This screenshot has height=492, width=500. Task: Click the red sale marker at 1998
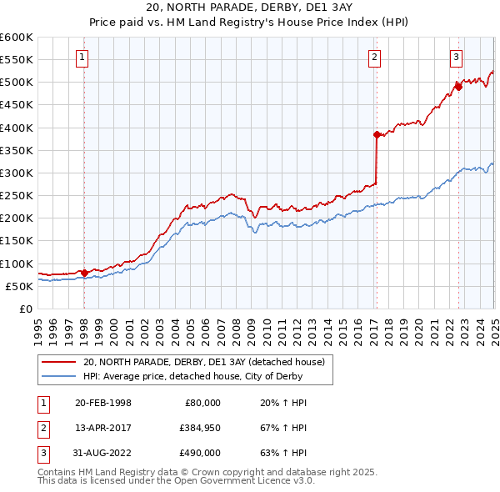tap(84, 272)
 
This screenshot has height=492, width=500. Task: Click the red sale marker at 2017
tap(377, 134)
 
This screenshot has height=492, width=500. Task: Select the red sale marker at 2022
tap(458, 86)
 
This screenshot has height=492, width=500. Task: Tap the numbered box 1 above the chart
tap(83, 58)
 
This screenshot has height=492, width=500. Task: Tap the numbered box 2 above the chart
tap(375, 58)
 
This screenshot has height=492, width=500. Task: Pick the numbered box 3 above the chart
tap(457, 58)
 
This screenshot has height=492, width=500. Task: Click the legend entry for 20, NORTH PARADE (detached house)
tap(208, 362)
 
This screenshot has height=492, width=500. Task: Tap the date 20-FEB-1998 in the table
tap(103, 403)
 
